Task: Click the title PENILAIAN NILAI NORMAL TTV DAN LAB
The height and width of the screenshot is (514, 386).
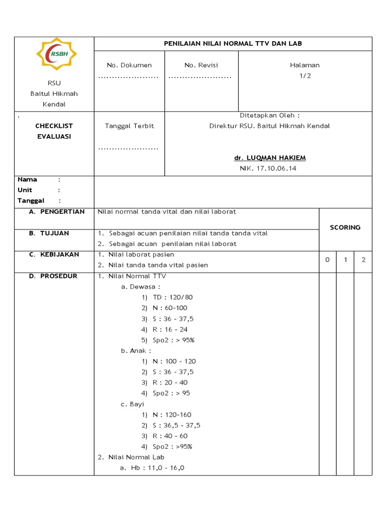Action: coord(233,44)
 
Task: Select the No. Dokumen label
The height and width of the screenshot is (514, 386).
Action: coord(129,65)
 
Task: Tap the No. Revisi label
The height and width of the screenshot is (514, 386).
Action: coord(201,65)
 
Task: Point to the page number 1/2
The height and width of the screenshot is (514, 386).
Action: coord(305,76)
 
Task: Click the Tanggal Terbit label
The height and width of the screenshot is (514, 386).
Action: coord(129,126)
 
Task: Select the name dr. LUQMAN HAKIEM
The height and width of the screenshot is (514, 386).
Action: coord(270,158)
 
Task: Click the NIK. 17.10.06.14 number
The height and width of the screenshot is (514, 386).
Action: coord(268,169)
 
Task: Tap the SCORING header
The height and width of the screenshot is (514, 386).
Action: coord(345,227)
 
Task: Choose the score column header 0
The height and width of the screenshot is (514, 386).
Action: coord(327,260)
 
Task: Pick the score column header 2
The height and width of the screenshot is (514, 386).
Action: coord(363,260)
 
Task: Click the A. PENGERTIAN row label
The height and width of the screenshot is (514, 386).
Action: coord(57,212)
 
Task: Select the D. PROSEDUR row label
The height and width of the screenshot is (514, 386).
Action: coord(53,276)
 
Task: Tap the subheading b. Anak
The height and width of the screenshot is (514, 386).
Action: coord(136,350)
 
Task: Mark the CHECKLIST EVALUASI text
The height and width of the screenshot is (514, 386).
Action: coord(54,131)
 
